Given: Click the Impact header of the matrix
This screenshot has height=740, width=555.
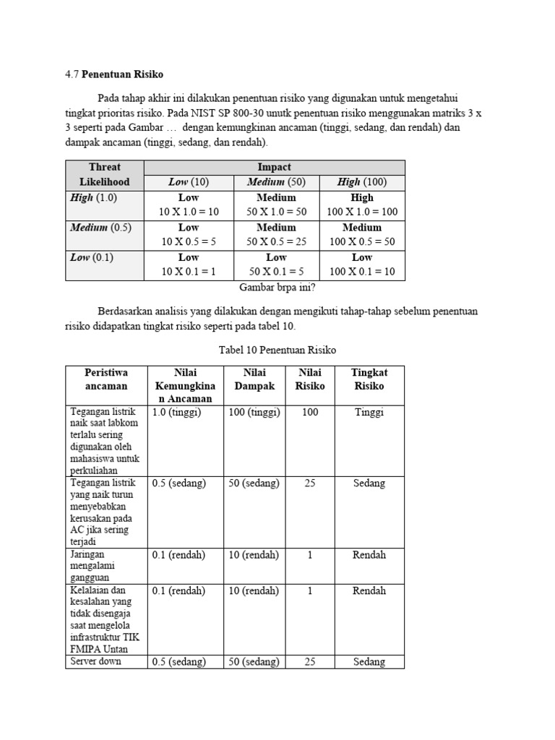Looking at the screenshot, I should tap(274, 167).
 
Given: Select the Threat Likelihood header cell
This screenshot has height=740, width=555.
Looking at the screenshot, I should tap(104, 174).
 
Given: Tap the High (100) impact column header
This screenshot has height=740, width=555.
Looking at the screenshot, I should tap(361, 182).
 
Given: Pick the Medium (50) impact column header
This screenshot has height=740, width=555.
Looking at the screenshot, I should tap(276, 182).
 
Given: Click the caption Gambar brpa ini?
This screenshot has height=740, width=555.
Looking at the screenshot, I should tap(277, 287).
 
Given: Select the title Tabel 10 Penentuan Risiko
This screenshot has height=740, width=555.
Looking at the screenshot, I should tap(277, 350).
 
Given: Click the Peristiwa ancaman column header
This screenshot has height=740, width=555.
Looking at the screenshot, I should tap(106, 379).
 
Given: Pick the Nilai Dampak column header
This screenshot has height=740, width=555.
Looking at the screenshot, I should tap(254, 379).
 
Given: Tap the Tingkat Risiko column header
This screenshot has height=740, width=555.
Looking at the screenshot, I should tap(369, 379).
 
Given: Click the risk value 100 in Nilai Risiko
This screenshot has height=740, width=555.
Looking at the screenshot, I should tap(310, 412).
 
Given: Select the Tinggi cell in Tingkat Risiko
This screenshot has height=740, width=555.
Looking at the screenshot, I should tap(369, 412).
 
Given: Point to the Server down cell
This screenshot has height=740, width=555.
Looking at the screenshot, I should tap(95, 661).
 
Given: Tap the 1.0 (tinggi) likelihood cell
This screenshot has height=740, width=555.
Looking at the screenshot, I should tap(176, 412).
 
